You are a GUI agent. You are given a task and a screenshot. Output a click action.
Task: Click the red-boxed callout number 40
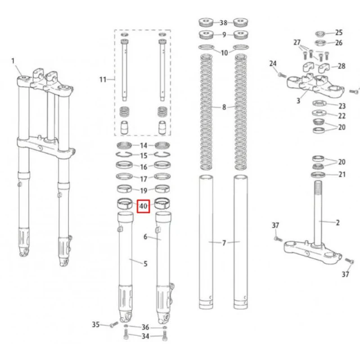tap(143, 206)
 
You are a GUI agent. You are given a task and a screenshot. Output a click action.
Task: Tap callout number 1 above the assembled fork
tap(13, 61)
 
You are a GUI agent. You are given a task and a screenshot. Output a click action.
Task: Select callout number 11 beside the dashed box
tap(102, 79)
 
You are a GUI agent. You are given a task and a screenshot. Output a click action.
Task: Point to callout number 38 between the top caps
tap(223, 22)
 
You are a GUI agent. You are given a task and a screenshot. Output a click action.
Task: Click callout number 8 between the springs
tap(224, 107)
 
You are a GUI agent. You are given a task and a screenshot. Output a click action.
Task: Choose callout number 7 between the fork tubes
tap(224, 242)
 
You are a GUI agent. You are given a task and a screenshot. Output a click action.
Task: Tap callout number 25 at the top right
tap(339, 33)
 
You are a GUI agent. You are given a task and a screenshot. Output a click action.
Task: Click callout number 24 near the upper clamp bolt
tap(273, 64)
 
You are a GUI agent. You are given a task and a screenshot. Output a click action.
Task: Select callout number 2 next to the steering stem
tap(337, 223)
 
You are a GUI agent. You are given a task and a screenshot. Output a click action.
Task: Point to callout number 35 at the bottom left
tap(96, 325)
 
